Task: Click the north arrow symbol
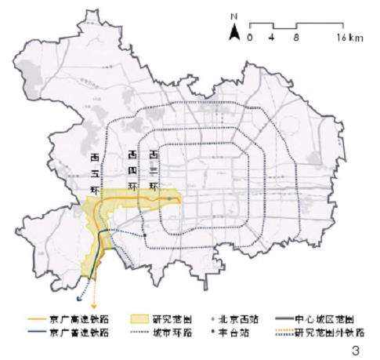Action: (x=233, y=32)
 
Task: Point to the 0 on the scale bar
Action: (x=250, y=37)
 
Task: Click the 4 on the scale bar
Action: (x=271, y=37)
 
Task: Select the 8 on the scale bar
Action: (x=295, y=37)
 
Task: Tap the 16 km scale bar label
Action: (x=349, y=37)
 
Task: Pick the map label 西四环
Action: (x=132, y=169)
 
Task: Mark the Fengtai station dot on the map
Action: (x=145, y=234)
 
